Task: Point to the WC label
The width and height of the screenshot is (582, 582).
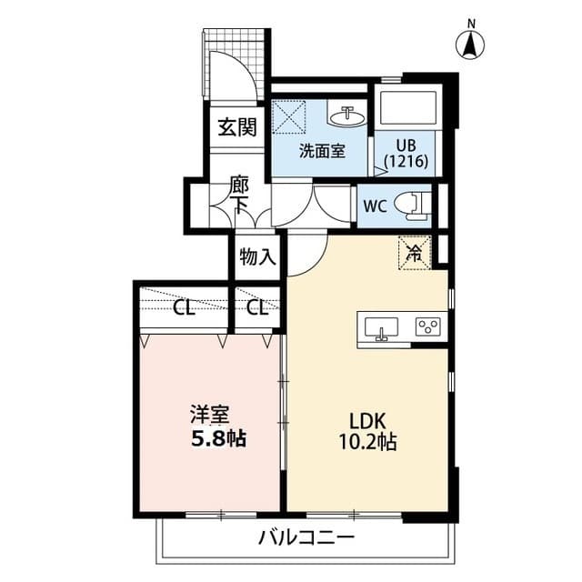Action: click(x=375, y=206)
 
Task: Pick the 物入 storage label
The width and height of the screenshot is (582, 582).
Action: click(x=257, y=256)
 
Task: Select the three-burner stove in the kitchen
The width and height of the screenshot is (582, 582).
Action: click(x=427, y=328)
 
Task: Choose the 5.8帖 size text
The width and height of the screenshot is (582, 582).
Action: click(x=216, y=439)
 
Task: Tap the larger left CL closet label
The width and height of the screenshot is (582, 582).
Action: click(x=185, y=307)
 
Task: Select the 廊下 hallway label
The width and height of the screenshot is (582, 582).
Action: click(x=239, y=196)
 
